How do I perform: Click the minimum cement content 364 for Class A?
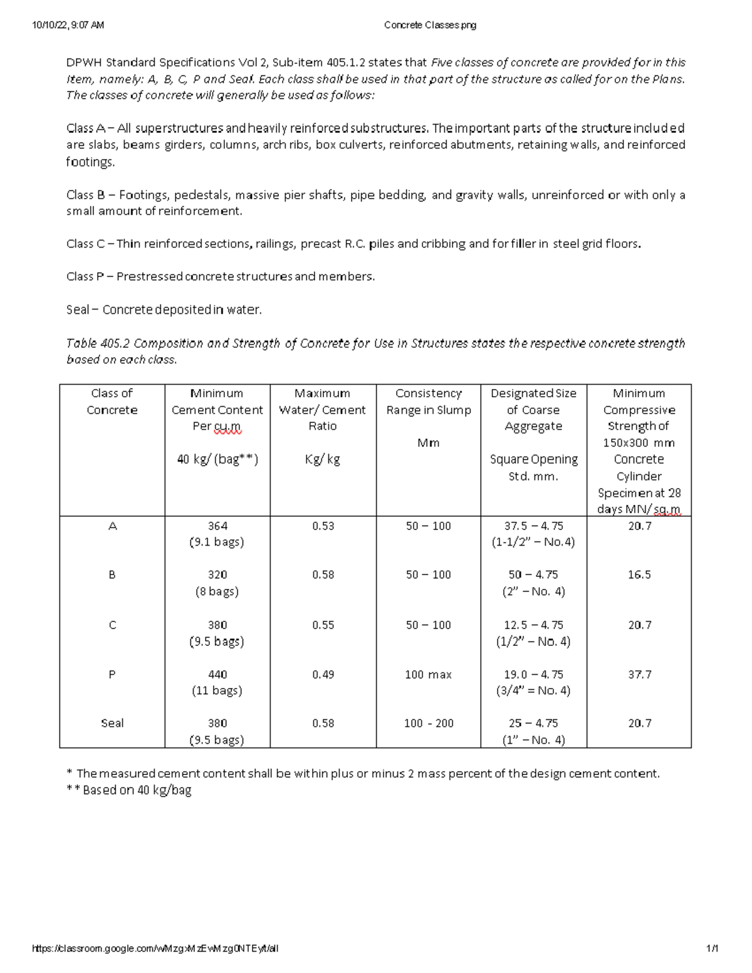click(x=217, y=526)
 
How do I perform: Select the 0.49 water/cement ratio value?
click(x=323, y=674)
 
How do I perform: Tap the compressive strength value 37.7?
click(x=639, y=674)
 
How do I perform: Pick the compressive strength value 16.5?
click(x=639, y=575)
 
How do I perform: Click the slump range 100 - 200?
click(x=429, y=723)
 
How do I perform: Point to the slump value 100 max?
click(x=429, y=674)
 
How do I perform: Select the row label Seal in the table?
click(x=112, y=723)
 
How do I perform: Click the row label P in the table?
click(x=112, y=674)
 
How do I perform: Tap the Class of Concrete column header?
click(x=112, y=402)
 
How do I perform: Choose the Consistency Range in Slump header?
click(x=429, y=402)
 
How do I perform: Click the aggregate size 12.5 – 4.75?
click(x=533, y=625)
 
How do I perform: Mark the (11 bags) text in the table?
click(x=217, y=690)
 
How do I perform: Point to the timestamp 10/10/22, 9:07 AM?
click(x=68, y=25)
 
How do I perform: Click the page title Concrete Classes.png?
click(x=430, y=25)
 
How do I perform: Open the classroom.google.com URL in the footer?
click(x=155, y=949)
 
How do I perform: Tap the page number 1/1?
click(x=711, y=949)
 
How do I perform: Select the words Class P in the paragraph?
click(x=85, y=276)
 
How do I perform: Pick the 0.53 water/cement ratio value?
click(x=323, y=526)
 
